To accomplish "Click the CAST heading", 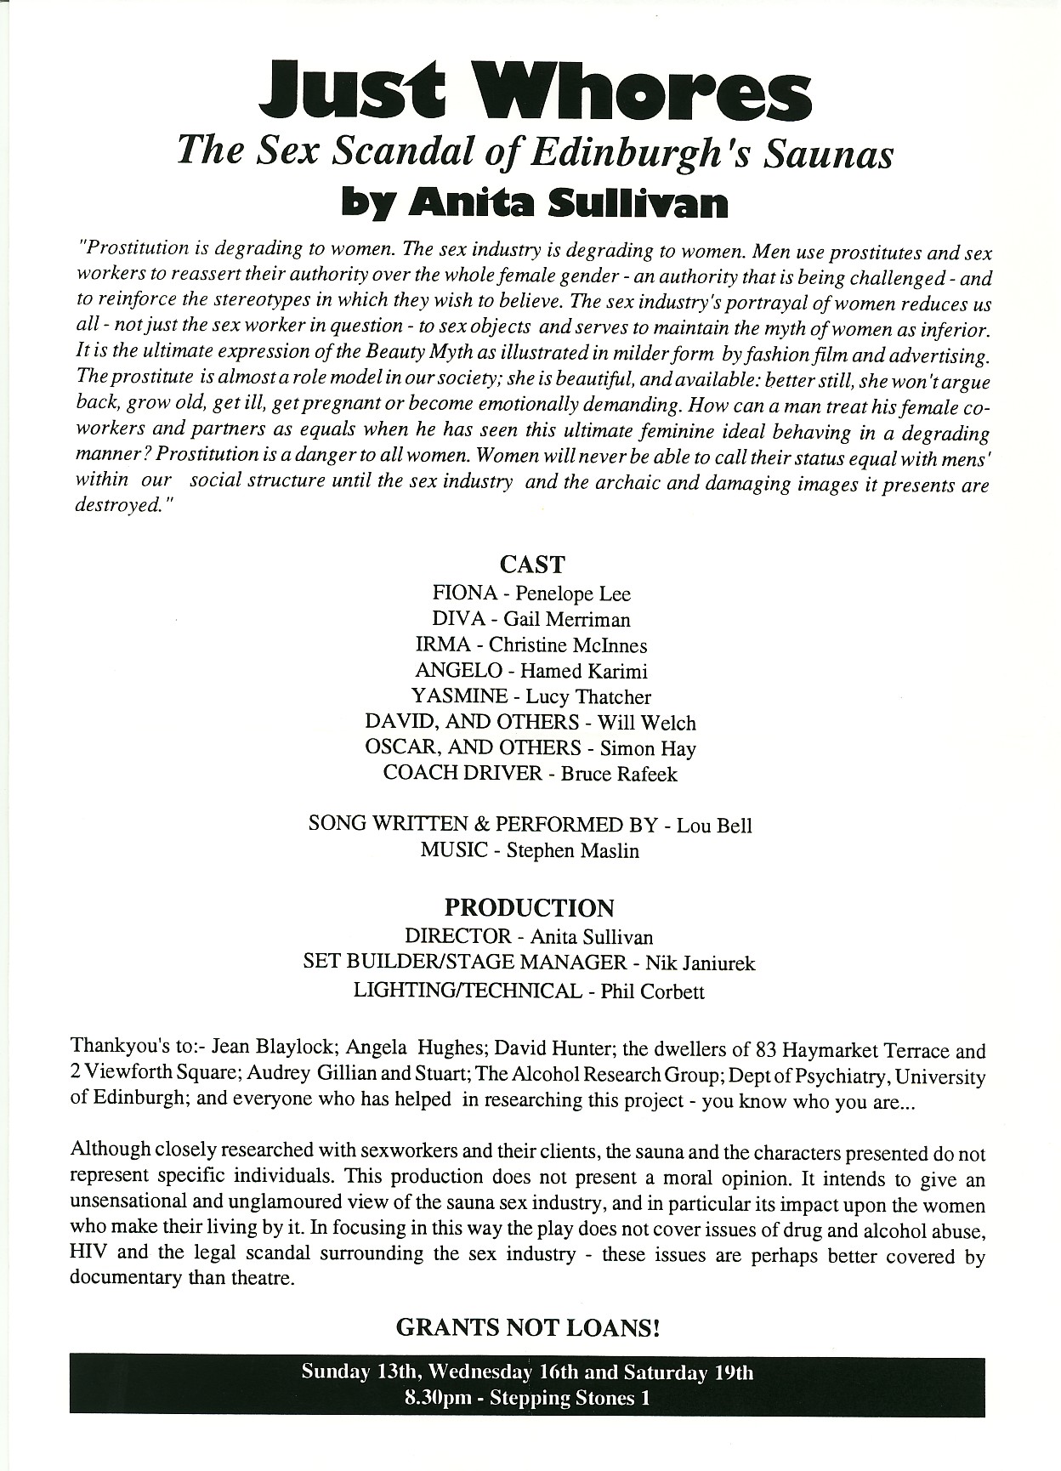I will coord(532,565).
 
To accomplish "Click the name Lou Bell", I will coord(714,826).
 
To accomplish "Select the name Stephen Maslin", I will coord(573,851).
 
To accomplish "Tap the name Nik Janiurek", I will coord(701,963).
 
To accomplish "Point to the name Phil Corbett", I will coord(653,991).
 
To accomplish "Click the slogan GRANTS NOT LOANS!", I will coord(529,1327).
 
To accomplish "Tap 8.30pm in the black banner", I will coord(439,1398).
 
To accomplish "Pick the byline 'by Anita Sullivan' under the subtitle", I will coord(534,204).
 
